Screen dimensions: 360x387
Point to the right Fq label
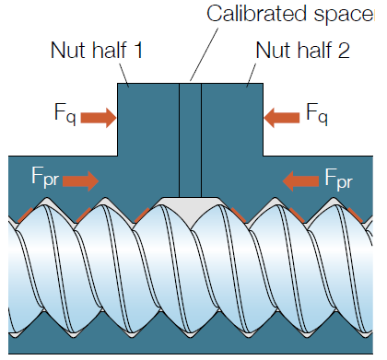click(316, 115)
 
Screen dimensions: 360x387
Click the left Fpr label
click(42, 177)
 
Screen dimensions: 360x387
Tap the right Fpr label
click(338, 177)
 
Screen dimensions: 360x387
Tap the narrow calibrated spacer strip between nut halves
click(190, 138)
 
